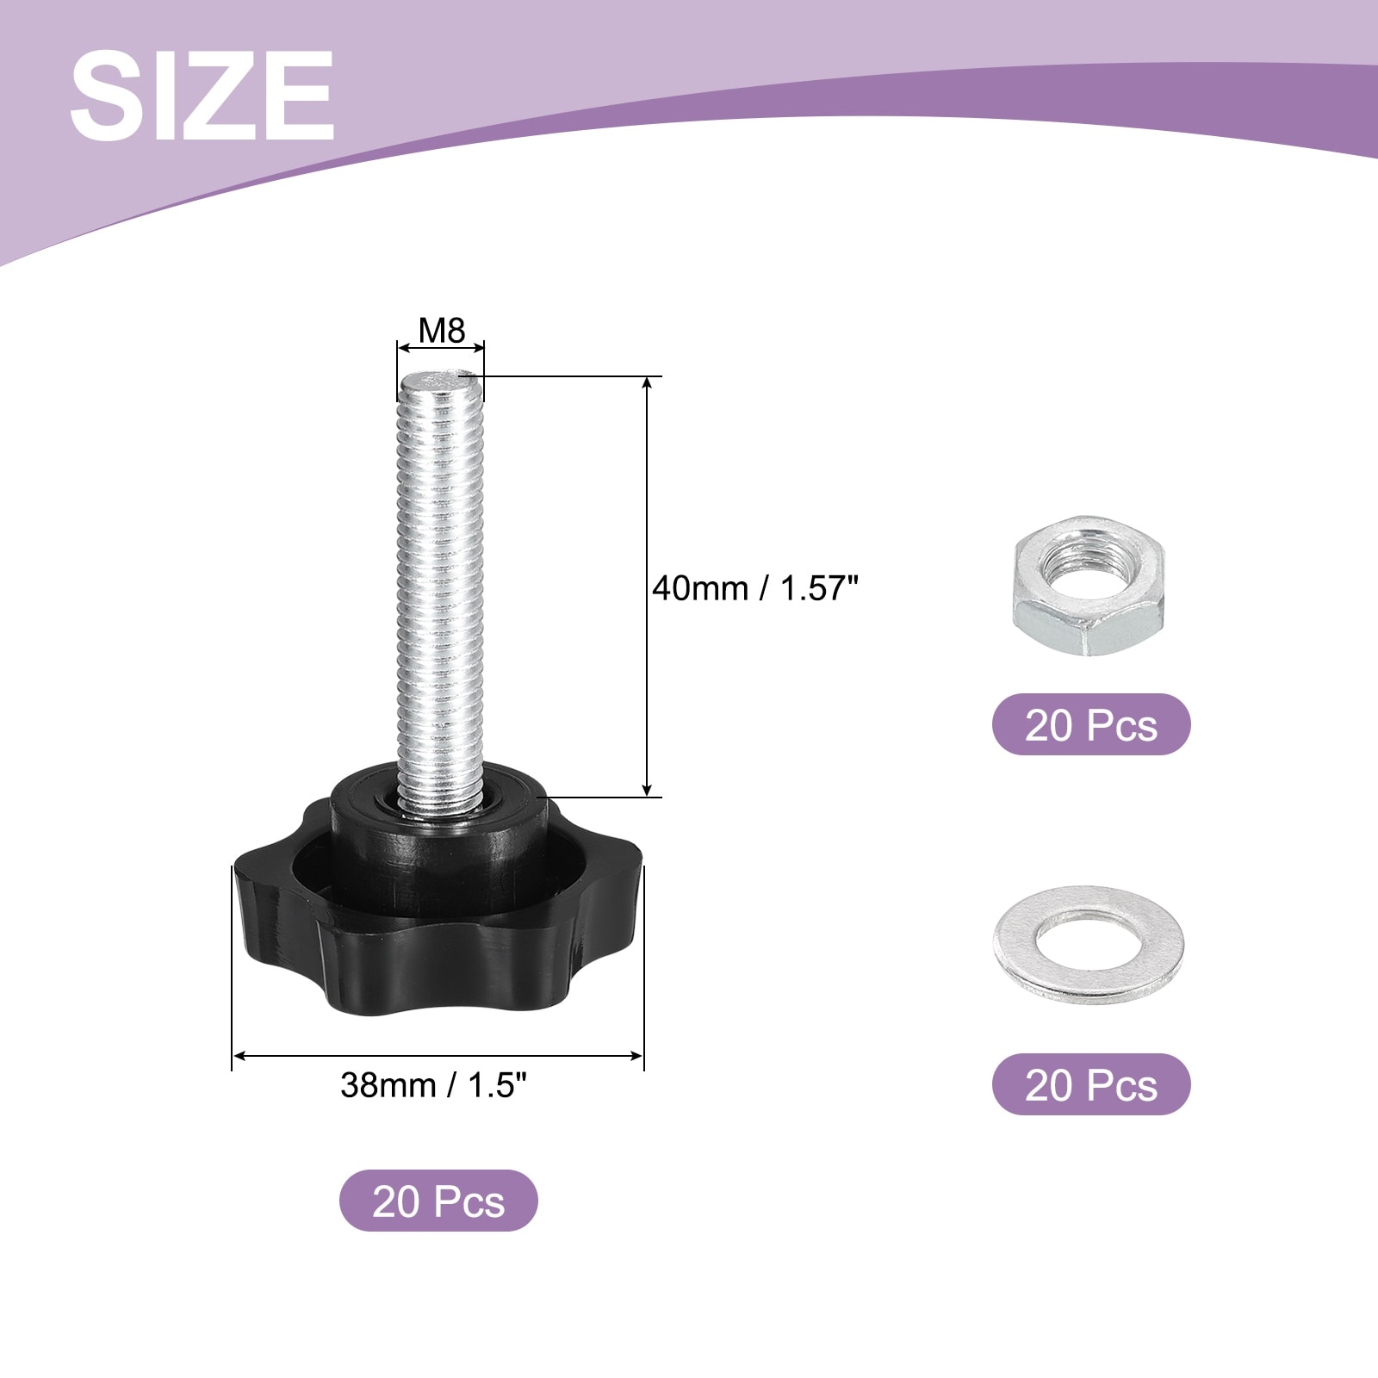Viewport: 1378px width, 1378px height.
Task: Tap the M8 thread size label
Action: pos(442,330)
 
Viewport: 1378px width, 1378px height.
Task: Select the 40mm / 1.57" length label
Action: pos(755,589)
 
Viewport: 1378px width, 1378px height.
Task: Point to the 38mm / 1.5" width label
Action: pos(433,1084)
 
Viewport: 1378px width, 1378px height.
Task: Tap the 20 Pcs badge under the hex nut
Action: pos(1091,724)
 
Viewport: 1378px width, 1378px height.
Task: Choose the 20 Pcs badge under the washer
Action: pos(1091,1084)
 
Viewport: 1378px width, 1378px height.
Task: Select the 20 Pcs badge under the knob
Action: pos(438,1201)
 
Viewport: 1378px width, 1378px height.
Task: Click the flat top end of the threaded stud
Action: pos(440,380)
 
